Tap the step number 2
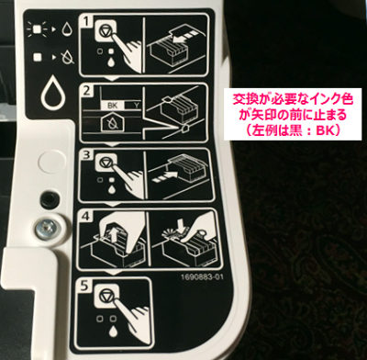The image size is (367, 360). [87, 91]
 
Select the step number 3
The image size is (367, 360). [87, 155]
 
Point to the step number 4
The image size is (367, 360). [86, 217]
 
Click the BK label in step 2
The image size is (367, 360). [111, 107]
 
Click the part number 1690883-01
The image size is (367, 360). [202, 277]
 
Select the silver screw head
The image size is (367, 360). [43, 227]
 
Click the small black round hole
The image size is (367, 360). [49, 198]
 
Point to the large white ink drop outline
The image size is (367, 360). [54, 94]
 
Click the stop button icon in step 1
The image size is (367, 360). [106, 30]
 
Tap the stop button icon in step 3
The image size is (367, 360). [105, 163]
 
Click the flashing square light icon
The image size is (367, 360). [38, 29]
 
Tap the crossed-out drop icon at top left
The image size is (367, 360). [69, 57]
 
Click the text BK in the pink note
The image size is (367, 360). [324, 130]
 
